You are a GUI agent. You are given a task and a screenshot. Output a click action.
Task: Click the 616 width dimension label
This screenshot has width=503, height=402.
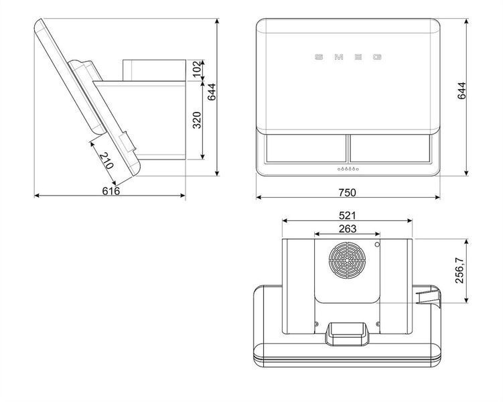click(x=111, y=191)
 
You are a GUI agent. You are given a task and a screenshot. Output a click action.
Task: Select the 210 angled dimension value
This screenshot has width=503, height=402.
click(x=106, y=161)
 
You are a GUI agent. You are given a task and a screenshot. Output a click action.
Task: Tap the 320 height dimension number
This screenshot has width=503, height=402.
click(x=197, y=120)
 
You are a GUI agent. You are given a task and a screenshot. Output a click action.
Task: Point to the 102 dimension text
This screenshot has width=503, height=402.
click(x=198, y=70)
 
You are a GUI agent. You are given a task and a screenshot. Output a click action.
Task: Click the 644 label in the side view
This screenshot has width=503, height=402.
click(x=212, y=92)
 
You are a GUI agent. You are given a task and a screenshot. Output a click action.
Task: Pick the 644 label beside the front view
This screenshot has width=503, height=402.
click(x=461, y=91)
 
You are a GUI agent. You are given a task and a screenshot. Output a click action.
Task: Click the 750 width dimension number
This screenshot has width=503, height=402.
click(x=347, y=192)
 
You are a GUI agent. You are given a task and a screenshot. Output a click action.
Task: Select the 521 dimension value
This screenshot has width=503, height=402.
click(x=347, y=215)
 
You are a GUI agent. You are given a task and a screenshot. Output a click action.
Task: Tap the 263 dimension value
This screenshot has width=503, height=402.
click(x=348, y=228)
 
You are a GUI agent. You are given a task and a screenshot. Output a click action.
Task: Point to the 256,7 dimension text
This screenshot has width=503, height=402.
click(x=459, y=270)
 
